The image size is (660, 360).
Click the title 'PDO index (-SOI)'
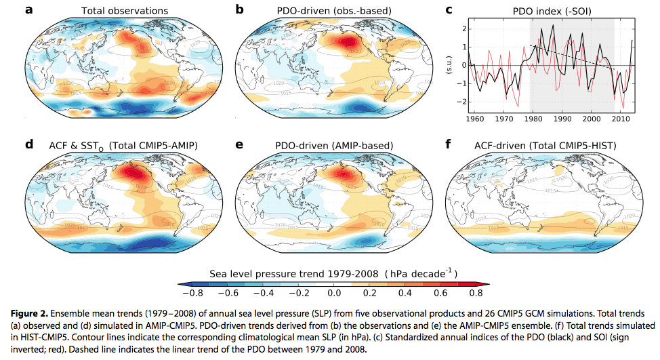pos(539,11)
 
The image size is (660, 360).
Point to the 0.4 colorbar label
pos(403,293)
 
